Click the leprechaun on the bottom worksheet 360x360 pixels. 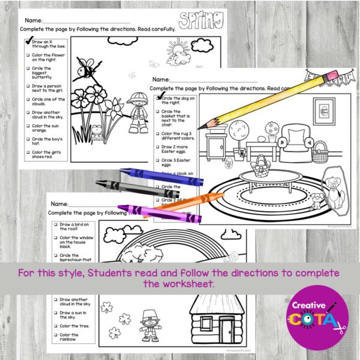tap(148, 324)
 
